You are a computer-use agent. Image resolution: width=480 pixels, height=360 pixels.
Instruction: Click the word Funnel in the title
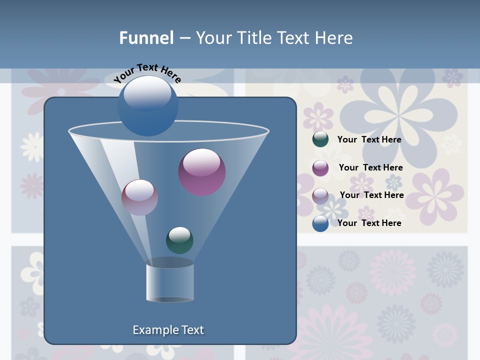pos(146,38)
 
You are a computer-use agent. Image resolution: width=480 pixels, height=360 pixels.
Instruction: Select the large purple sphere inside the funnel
pos(202,172)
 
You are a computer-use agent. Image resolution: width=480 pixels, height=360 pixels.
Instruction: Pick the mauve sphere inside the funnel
pos(139,197)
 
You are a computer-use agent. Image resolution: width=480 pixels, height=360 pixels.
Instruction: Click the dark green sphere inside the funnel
pos(179,240)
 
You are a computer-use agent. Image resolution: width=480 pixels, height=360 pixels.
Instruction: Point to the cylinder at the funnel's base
pos(170,283)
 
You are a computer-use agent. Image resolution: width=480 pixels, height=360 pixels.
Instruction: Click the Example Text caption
pos(168,330)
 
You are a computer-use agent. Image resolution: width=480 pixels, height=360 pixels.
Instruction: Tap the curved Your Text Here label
pos(147,72)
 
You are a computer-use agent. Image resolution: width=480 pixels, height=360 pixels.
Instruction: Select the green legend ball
pos(320,139)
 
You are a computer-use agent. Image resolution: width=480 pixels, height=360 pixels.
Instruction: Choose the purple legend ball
pos(320,167)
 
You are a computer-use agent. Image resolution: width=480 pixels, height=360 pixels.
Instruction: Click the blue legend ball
pos(320,223)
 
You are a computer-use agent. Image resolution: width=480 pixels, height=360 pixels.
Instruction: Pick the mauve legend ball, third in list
pos(320,195)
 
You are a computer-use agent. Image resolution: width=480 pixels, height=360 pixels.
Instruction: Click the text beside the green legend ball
pos(369,139)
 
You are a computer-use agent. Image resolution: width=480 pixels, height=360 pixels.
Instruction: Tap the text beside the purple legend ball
pos(370,167)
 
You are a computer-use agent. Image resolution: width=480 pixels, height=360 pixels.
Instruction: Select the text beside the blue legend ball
pos(369,223)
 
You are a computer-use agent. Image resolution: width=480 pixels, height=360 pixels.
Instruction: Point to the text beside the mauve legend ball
pos(371,195)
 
